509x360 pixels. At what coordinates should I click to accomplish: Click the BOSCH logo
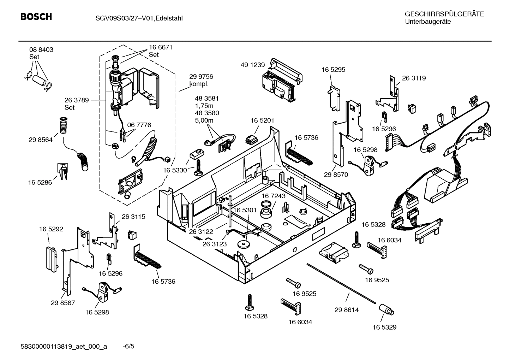point(36,17)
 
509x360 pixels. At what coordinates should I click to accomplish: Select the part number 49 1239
point(252,65)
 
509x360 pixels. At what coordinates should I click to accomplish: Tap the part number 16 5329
point(384,327)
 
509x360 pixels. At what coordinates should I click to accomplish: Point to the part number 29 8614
point(346,310)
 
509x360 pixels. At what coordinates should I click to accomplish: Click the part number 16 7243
point(274,196)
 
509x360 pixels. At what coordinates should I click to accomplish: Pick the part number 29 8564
point(40,140)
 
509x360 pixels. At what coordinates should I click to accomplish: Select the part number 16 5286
point(40,182)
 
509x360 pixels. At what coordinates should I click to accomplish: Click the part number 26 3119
point(414,78)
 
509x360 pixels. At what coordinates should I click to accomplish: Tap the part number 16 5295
point(333,70)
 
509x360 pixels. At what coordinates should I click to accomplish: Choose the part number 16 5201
point(262,120)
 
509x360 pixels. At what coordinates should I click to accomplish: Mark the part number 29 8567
point(63,303)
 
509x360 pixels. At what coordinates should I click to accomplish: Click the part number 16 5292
point(51,229)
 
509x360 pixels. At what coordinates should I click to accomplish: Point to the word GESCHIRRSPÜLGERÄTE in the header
point(444,14)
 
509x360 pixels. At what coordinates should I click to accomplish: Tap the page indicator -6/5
point(128,346)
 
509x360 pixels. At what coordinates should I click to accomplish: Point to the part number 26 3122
point(201,231)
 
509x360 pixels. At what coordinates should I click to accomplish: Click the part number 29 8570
point(336,175)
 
